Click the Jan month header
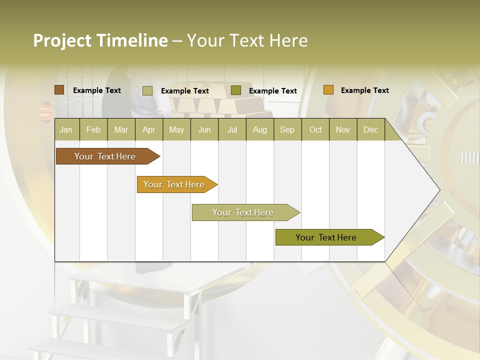pos(66,129)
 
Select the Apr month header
pos(149,129)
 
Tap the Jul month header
pos(232,129)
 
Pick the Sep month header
pos(287,129)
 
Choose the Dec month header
pos(370,129)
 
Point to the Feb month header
pos(93,129)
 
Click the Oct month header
pos(315,129)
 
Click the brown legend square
pos(59,90)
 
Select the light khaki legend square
pos(147,90)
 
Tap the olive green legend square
pos(236,90)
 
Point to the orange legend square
pos(328,90)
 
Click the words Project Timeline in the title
pos(100,40)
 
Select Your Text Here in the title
pos(247,40)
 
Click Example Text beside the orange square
pos(364,90)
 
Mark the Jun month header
pos(204,129)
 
